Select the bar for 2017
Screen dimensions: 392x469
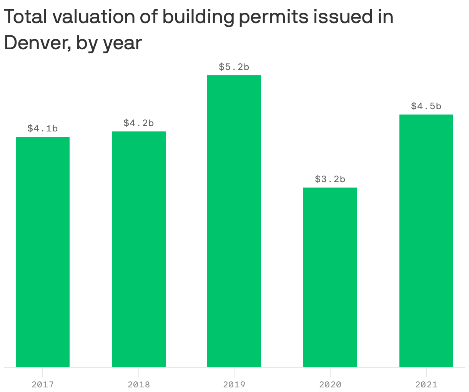43,252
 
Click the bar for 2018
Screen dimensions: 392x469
139,249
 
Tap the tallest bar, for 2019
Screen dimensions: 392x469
234,221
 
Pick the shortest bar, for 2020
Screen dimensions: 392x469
330,277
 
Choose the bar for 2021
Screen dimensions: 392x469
426,241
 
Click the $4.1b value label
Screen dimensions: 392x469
43,128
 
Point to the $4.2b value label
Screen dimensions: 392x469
139,123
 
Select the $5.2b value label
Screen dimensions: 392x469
234,67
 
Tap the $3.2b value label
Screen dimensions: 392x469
330,179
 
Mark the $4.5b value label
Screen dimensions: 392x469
426,106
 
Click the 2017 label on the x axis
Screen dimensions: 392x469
43,384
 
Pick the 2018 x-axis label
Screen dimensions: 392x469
139,384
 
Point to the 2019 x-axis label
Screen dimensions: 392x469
234,384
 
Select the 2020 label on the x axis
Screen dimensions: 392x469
330,384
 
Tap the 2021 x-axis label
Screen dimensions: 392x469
426,384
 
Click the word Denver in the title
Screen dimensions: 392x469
37,42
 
